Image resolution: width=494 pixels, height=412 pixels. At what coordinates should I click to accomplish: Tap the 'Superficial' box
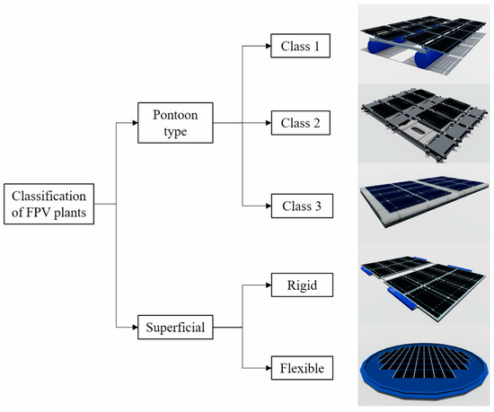(x=173, y=329)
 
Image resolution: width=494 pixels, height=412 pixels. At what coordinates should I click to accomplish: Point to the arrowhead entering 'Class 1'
(x=267, y=45)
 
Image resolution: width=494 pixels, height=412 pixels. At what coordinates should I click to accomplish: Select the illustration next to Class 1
(x=421, y=40)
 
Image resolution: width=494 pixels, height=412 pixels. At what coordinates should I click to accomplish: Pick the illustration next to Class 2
(x=421, y=123)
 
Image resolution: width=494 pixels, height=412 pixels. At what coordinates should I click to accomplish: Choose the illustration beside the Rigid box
(x=421, y=285)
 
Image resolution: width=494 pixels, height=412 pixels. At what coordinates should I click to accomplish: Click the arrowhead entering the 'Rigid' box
(x=267, y=286)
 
